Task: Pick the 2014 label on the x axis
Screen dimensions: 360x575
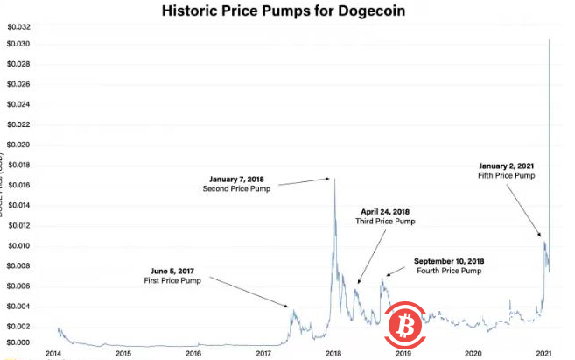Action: coord(53,353)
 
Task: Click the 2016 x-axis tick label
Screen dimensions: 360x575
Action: coord(193,353)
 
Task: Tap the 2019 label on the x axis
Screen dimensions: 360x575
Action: coord(403,353)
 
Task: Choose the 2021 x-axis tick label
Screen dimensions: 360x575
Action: coord(543,353)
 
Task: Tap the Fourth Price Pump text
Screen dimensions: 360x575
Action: coord(448,272)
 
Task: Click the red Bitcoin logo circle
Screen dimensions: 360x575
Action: coord(404,325)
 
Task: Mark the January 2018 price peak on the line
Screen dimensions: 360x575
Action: coord(333,179)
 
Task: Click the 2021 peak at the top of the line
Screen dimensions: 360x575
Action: coord(549,39)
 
